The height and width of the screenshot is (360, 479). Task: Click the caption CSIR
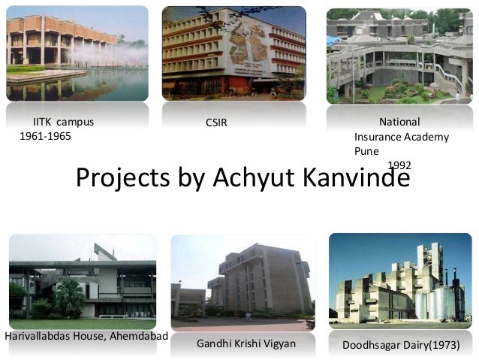pyautogui.click(x=216, y=123)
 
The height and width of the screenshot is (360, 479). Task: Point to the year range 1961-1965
pyautogui.click(x=44, y=136)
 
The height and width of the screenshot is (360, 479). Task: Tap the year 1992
pyautogui.click(x=399, y=165)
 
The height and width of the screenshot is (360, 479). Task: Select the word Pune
pyautogui.click(x=366, y=150)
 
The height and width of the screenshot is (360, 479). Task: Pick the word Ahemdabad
pyautogui.click(x=136, y=334)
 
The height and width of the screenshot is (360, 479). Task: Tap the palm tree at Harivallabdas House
pyautogui.click(x=70, y=295)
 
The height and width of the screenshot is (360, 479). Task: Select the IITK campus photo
pyautogui.click(x=77, y=53)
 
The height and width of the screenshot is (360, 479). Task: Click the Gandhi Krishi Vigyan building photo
pyautogui.click(x=243, y=283)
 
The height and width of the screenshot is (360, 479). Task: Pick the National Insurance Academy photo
pyautogui.click(x=398, y=56)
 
